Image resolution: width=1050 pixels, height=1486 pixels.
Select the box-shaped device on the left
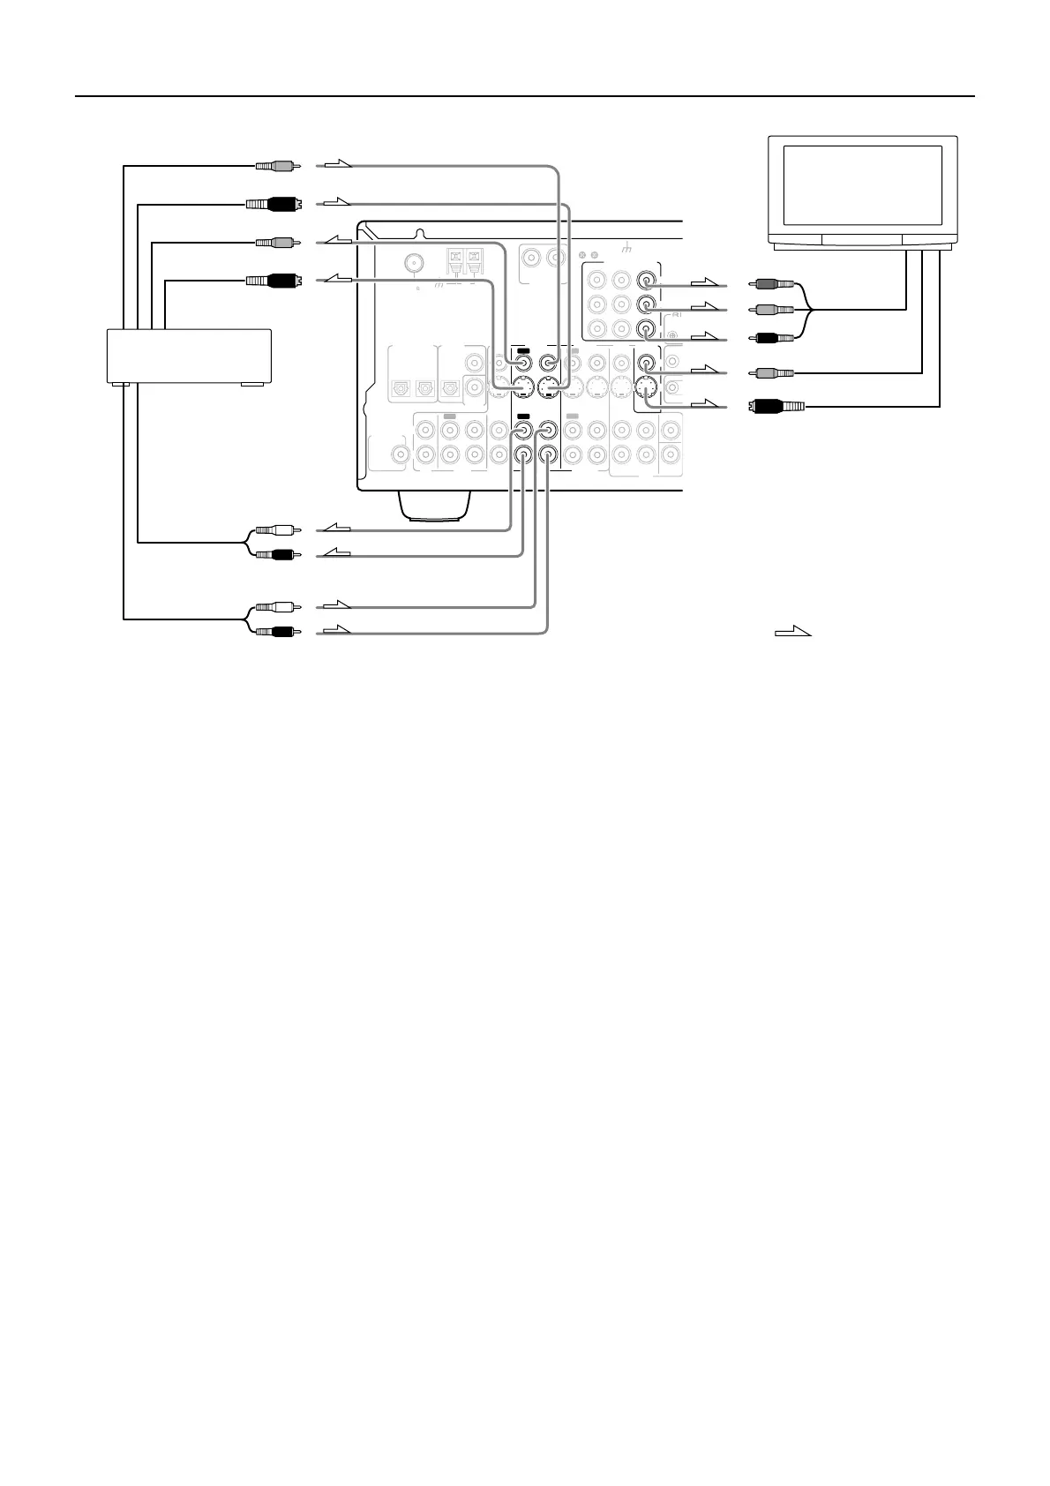[188, 355]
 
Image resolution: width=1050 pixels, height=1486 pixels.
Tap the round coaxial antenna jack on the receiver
[414, 263]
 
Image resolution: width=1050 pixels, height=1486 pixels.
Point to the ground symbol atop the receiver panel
[627, 249]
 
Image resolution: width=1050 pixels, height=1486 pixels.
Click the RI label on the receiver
[678, 315]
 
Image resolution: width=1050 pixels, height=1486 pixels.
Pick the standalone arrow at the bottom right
[792, 631]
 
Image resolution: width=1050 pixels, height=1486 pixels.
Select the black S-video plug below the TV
[776, 407]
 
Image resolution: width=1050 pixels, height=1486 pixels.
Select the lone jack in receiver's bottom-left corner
[401, 455]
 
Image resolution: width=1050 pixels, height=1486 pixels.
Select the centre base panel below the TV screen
[862, 238]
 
